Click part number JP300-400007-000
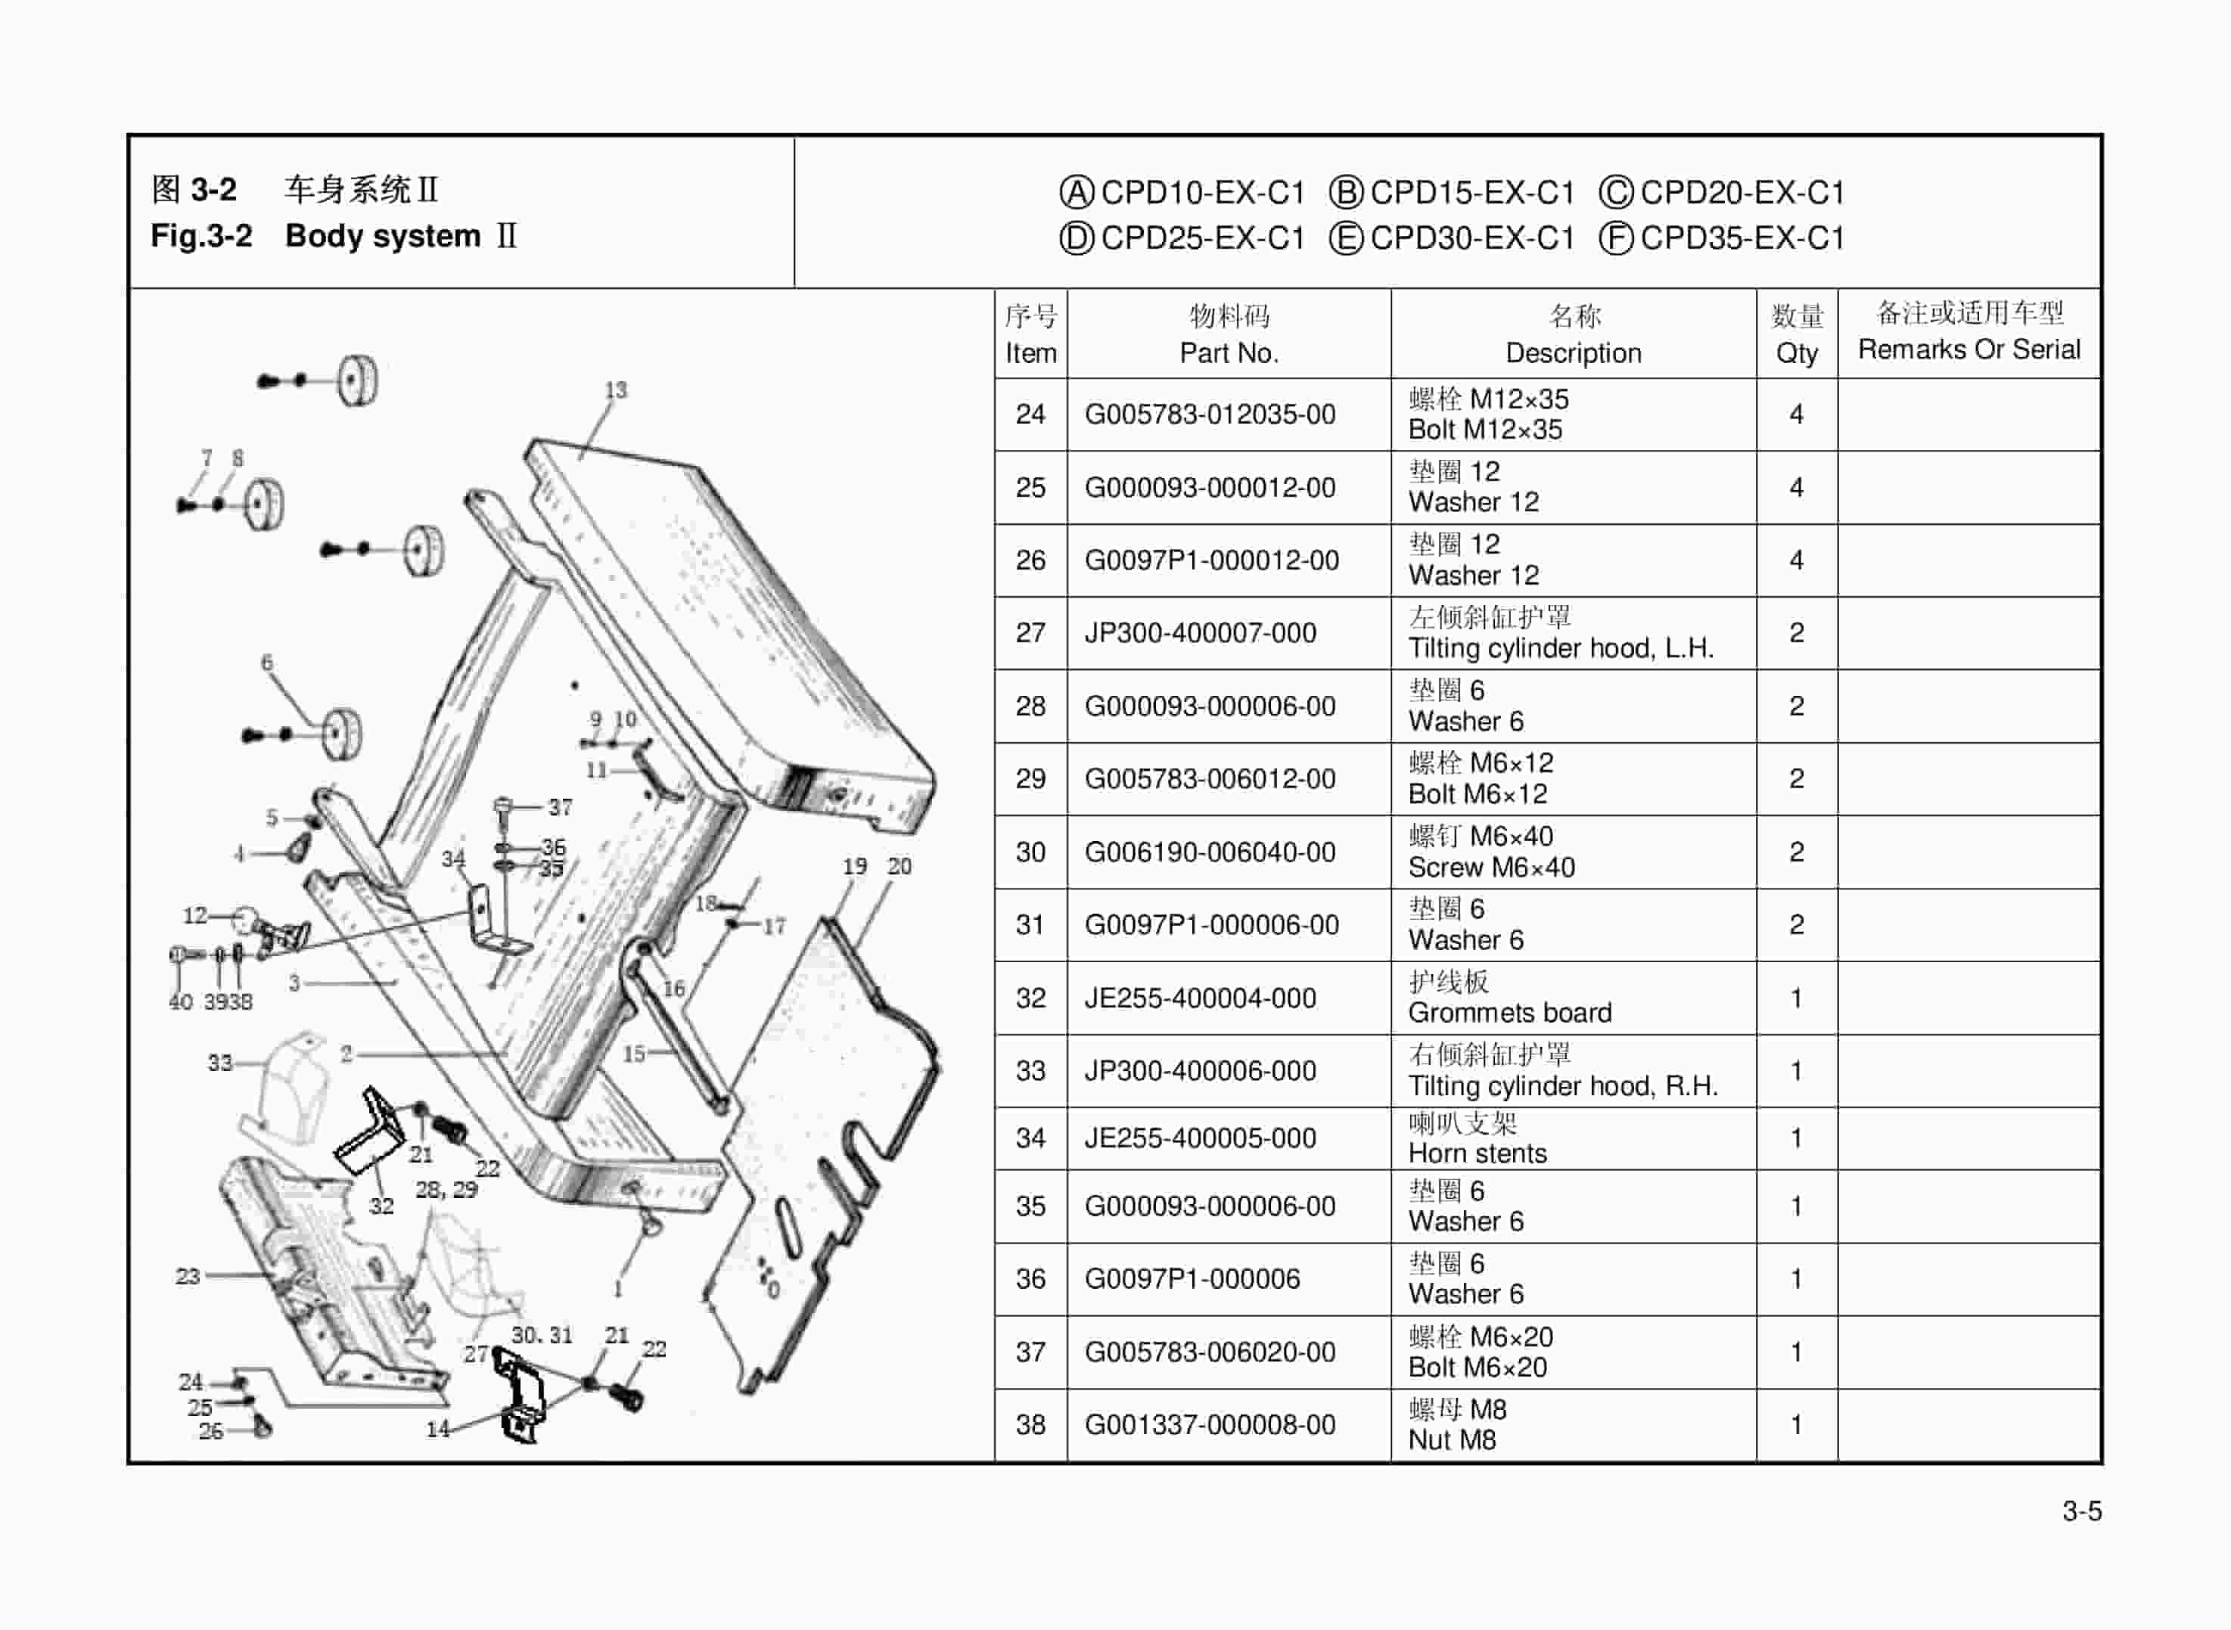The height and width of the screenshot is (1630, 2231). click(x=1200, y=632)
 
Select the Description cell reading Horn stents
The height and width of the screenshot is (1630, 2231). click(x=1477, y=1153)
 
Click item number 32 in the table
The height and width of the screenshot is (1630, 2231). click(x=1030, y=998)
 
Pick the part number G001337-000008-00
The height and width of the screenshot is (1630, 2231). click(x=1210, y=1425)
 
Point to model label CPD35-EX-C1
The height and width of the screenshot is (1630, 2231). click(x=1742, y=238)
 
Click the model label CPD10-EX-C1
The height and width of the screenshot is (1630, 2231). click(x=1202, y=192)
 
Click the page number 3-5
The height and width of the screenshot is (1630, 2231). click(x=2081, y=1511)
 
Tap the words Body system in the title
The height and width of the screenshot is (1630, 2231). click(x=382, y=237)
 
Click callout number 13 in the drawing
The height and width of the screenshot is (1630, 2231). click(x=616, y=390)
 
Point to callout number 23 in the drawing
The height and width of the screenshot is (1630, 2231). click(x=188, y=1276)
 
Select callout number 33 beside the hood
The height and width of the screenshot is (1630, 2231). click(x=219, y=1063)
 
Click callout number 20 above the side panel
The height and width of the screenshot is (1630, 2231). click(x=899, y=866)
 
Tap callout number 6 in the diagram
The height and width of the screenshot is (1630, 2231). click(x=266, y=662)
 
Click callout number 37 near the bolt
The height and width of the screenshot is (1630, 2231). click(x=561, y=807)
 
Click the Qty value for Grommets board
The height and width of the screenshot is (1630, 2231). click(x=1796, y=998)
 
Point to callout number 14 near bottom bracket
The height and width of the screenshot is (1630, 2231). click(x=437, y=1428)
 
